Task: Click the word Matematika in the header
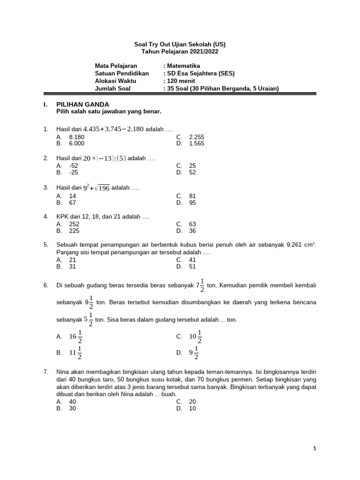[x=183, y=66]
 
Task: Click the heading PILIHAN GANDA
[x=82, y=104]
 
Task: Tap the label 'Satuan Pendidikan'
[x=121, y=73]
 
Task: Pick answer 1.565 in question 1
[x=196, y=143]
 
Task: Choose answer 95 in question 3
[x=193, y=202]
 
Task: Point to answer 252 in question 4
[x=74, y=224]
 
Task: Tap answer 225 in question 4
[x=74, y=231]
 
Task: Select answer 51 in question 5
[x=193, y=266]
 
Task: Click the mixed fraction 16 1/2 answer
[x=76, y=336]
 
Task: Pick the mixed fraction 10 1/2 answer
[x=195, y=336]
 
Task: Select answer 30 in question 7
[x=73, y=408]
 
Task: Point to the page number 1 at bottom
[x=315, y=449]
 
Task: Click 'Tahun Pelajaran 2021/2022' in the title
[x=180, y=52]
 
